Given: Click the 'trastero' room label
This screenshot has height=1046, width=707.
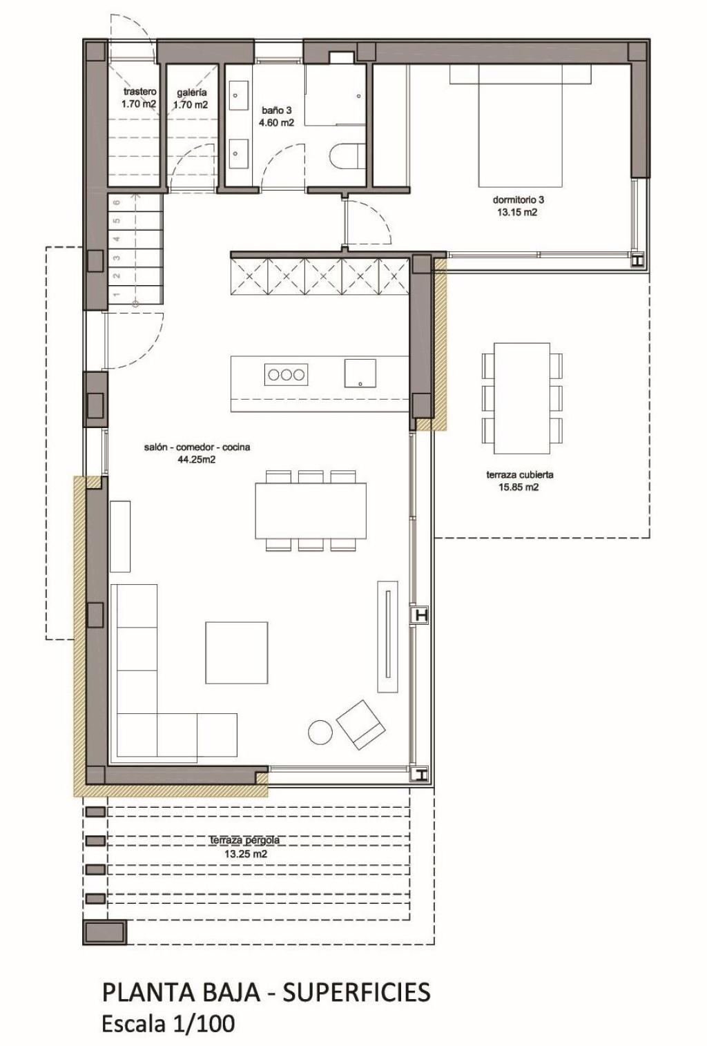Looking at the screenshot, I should (139, 92).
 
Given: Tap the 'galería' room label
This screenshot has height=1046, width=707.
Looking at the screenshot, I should (191, 92).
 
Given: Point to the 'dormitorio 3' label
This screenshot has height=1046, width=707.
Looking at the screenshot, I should (517, 200).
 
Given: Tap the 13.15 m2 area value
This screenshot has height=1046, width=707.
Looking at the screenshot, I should (517, 213).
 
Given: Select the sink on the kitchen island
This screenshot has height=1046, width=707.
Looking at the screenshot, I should (360, 374).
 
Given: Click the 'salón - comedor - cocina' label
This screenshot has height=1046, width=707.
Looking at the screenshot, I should (197, 447).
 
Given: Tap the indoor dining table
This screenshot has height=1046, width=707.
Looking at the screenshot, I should (309, 511).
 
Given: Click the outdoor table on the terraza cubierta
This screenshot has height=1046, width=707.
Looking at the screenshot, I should (523, 398).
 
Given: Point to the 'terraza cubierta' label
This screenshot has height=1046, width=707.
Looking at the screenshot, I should (520, 475).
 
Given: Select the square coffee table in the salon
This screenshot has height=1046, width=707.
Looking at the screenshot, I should (236, 652).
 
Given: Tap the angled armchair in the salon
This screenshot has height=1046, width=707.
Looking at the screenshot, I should (360, 724).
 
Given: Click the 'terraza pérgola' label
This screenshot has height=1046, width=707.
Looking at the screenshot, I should (245, 840).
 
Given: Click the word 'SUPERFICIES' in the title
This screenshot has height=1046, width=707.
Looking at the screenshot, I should (356, 992).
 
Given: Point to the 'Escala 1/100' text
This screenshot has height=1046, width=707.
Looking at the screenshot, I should (168, 1023).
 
